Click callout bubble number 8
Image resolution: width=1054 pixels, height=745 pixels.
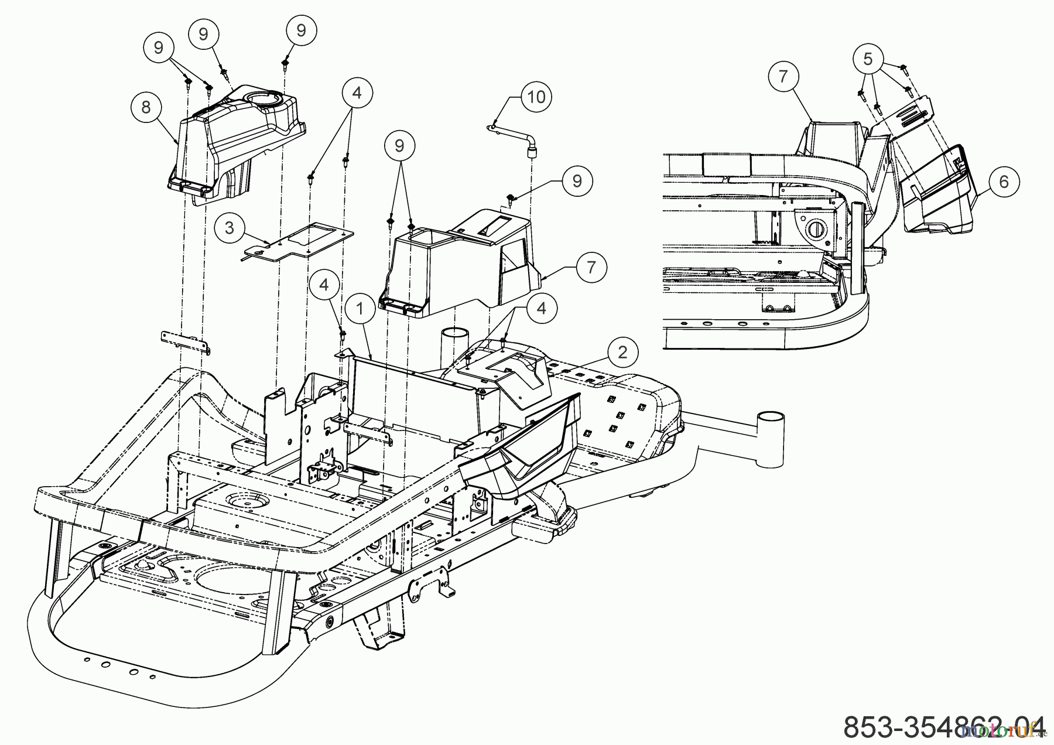pyautogui.click(x=146, y=107)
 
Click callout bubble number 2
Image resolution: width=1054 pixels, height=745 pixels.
pyautogui.click(x=622, y=352)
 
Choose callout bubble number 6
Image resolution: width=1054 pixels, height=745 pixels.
pyautogui.click(x=1004, y=182)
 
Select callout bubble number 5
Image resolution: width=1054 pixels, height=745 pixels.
pyautogui.click(x=868, y=59)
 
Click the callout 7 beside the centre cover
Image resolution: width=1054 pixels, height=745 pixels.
pyautogui.click(x=591, y=267)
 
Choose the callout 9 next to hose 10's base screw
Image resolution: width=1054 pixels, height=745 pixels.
pyautogui.click(x=577, y=181)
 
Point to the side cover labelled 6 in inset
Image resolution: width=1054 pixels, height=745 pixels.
pyautogui.click(x=937, y=193)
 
